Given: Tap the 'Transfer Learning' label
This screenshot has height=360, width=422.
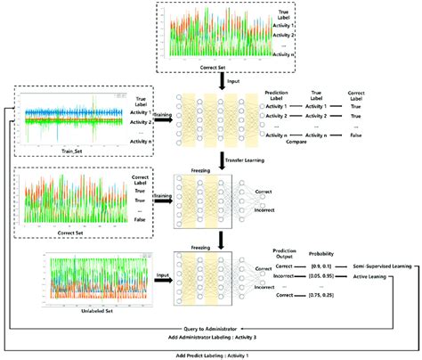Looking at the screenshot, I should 243,160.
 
